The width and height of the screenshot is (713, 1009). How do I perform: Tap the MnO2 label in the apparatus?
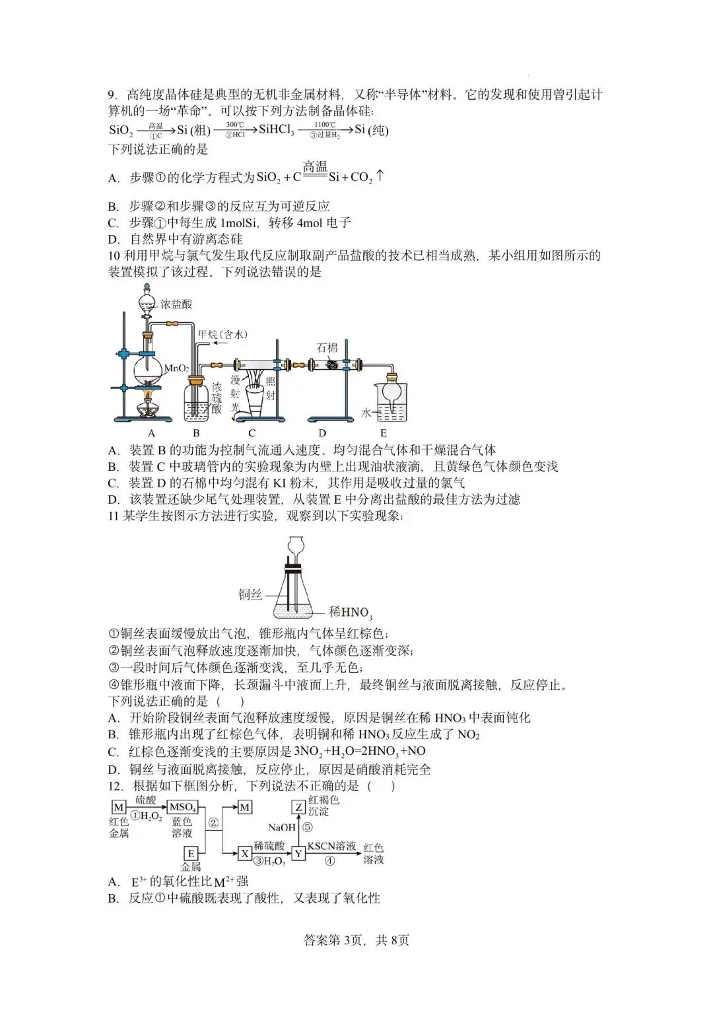[176, 368]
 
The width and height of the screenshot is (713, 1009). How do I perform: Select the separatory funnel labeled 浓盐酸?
[148, 304]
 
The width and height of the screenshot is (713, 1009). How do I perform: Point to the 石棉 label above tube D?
[327, 347]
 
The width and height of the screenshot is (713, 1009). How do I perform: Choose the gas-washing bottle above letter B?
[195, 401]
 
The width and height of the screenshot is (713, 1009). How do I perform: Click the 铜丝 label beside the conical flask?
[250, 595]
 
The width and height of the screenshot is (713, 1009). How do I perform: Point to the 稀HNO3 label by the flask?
[351, 612]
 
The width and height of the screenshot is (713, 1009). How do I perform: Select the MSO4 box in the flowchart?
[182, 808]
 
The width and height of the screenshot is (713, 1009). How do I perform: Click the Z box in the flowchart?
[298, 807]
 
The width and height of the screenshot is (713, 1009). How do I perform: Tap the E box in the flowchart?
[191, 853]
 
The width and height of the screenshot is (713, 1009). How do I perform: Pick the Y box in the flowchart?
[298, 853]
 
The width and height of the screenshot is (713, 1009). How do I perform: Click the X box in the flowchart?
[245, 853]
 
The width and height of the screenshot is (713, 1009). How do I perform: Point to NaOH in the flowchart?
[281, 827]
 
